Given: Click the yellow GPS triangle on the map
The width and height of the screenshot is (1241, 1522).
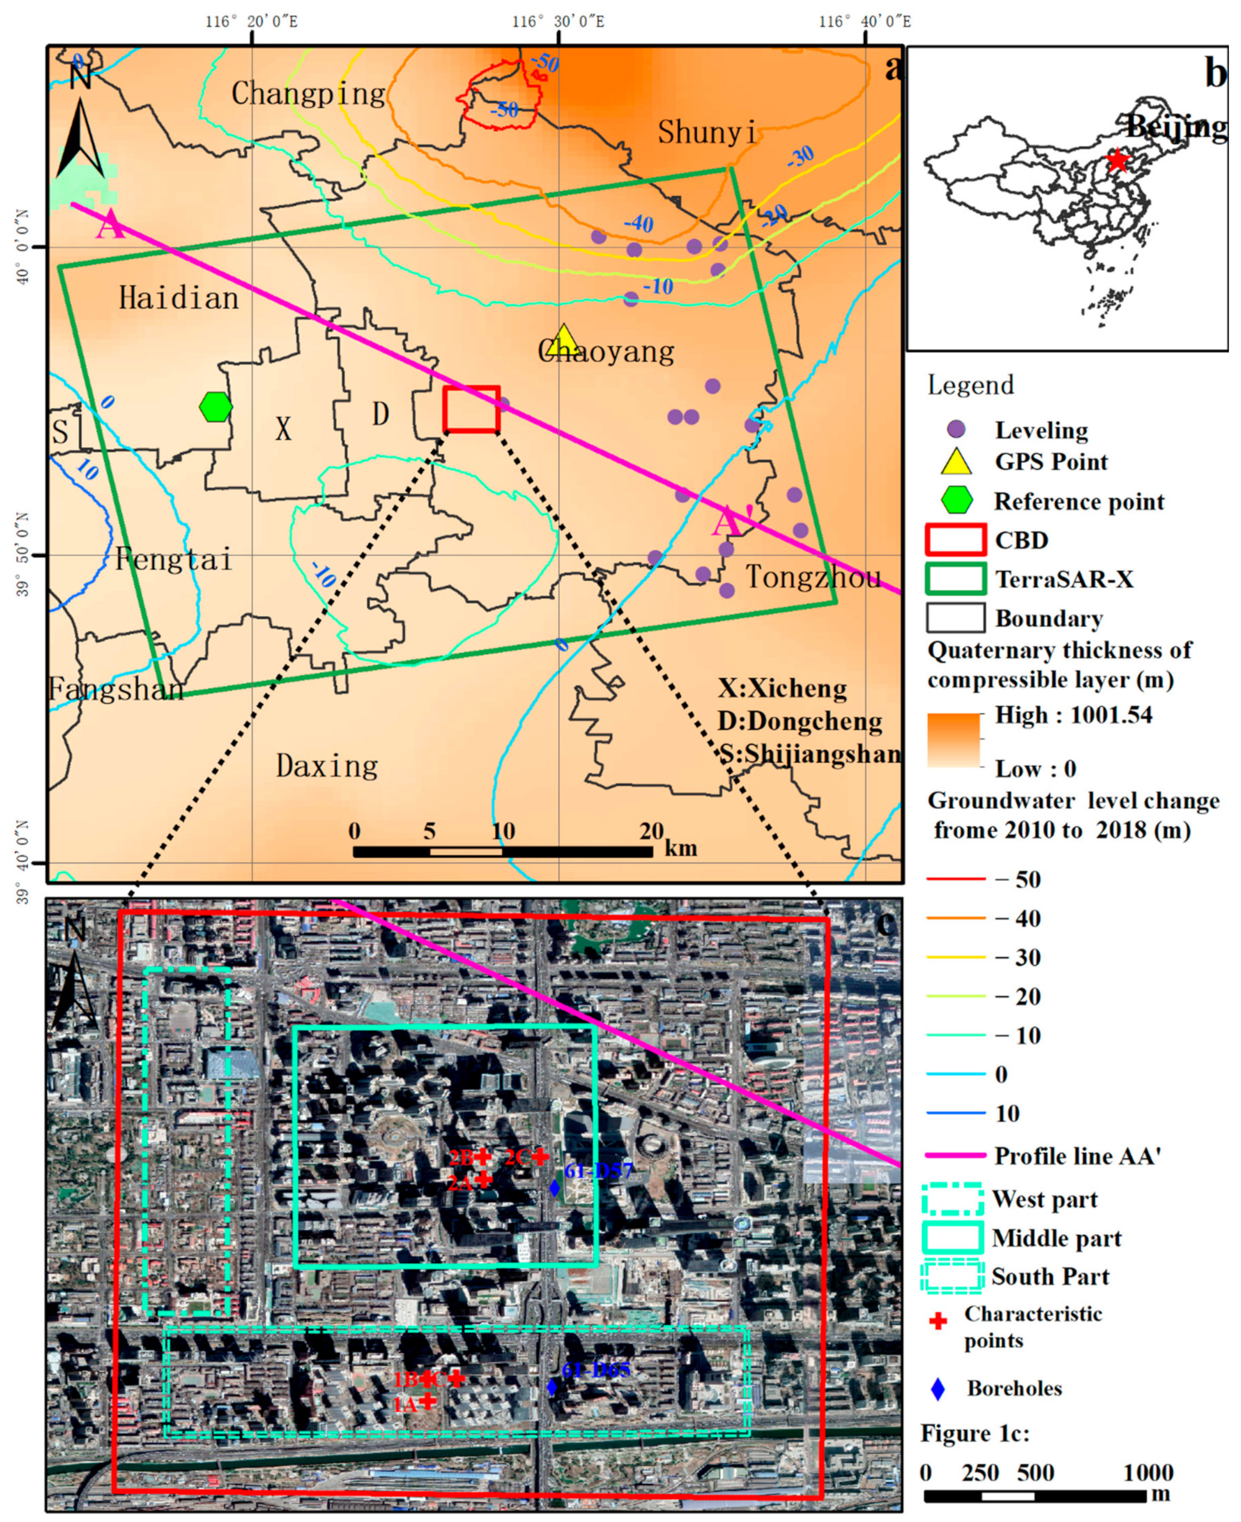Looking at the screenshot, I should point(564,341).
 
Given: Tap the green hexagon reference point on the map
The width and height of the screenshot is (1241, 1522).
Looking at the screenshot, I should point(216,407).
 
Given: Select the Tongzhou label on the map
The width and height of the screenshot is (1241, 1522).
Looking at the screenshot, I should point(813,577).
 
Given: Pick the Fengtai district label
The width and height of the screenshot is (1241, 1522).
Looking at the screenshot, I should point(174,559).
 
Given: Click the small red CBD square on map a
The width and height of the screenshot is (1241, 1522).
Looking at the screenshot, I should point(471,409).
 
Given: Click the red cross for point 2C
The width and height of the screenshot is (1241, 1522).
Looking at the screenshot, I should point(541,1156).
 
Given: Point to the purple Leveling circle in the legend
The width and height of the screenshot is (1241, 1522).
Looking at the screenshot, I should point(956,430).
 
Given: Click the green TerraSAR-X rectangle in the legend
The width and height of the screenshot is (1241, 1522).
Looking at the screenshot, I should point(956,579).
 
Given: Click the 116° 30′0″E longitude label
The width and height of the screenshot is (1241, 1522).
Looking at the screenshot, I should point(558,21).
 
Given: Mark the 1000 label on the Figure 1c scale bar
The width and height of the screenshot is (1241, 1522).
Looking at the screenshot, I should point(1148,1472).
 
